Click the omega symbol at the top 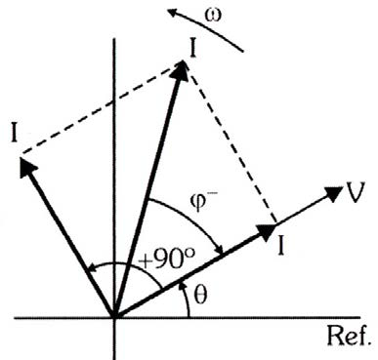point(214,16)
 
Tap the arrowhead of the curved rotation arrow point(173,13)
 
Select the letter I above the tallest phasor point(192,49)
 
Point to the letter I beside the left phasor point(14,133)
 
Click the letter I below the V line point(281,246)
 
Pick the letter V point(355,193)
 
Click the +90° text point(166,260)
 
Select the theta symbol point(200,295)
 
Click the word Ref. point(349,336)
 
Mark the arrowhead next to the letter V point(333,193)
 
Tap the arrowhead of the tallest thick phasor point(181,70)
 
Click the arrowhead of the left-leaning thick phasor point(27,167)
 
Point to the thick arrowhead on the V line point(267,231)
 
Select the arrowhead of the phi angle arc point(220,250)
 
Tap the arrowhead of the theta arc point(183,286)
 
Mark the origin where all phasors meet point(114,317)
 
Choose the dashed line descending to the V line point(232,148)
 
